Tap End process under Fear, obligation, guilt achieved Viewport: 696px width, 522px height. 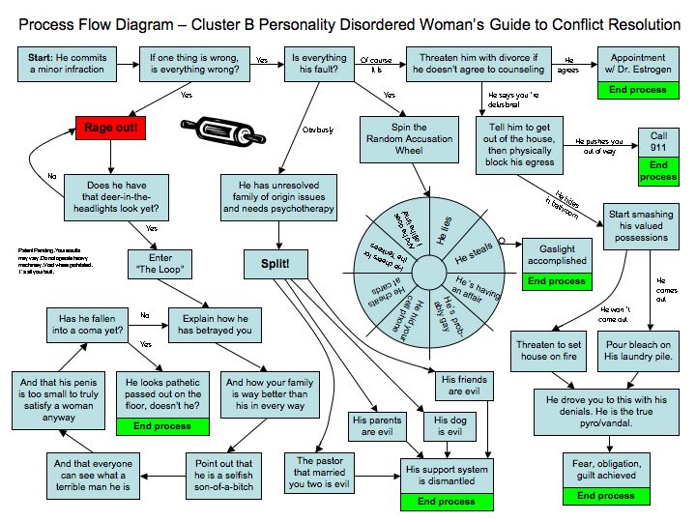point(606,496)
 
